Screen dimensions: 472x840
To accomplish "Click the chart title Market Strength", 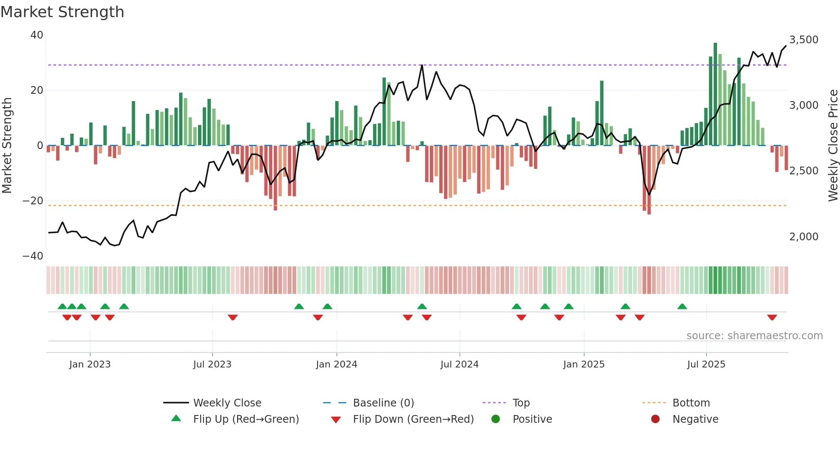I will (x=62, y=12).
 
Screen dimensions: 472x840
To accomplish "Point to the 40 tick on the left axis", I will (x=37, y=35).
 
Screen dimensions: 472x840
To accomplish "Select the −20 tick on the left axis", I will (x=33, y=201).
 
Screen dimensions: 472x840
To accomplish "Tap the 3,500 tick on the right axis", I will (x=804, y=40).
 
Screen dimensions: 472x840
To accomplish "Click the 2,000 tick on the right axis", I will (x=804, y=236).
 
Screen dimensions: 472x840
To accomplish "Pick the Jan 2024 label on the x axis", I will (x=336, y=364).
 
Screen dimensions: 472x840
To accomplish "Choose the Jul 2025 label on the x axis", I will (x=706, y=364).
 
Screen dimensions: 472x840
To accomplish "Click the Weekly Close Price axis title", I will (x=833, y=146).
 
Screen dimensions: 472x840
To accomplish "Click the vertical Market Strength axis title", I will (x=7, y=146).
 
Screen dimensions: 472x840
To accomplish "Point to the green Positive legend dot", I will (x=495, y=419).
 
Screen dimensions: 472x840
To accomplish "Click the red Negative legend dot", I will (x=655, y=419).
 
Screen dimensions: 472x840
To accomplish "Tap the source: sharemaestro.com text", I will (x=754, y=336).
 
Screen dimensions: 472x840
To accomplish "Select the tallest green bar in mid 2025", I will (x=715, y=94).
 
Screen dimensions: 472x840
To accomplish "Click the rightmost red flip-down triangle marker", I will (x=772, y=317).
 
